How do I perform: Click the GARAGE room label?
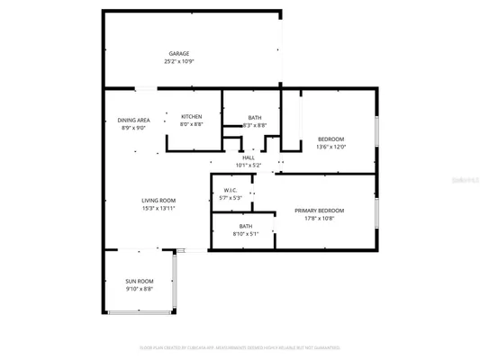click(x=178, y=54)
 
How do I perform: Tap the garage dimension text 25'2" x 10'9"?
click(x=178, y=62)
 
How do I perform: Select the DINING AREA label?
click(x=133, y=121)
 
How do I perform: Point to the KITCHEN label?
click(x=191, y=117)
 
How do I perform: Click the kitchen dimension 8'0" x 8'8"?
click(x=191, y=125)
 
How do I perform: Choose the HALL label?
click(x=248, y=157)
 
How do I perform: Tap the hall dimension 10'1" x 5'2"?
click(x=248, y=166)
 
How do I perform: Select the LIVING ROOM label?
click(x=158, y=200)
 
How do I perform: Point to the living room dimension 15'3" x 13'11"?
click(x=158, y=208)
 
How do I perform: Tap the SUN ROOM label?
click(x=139, y=282)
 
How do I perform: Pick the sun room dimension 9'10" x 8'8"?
click(x=139, y=290)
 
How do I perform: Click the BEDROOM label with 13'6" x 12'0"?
click(x=331, y=139)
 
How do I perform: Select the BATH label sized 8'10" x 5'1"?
click(x=246, y=226)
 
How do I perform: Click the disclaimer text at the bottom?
click(x=240, y=346)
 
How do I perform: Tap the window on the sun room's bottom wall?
click(x=139, y=311)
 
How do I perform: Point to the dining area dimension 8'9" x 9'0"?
click(x=133, y=129)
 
